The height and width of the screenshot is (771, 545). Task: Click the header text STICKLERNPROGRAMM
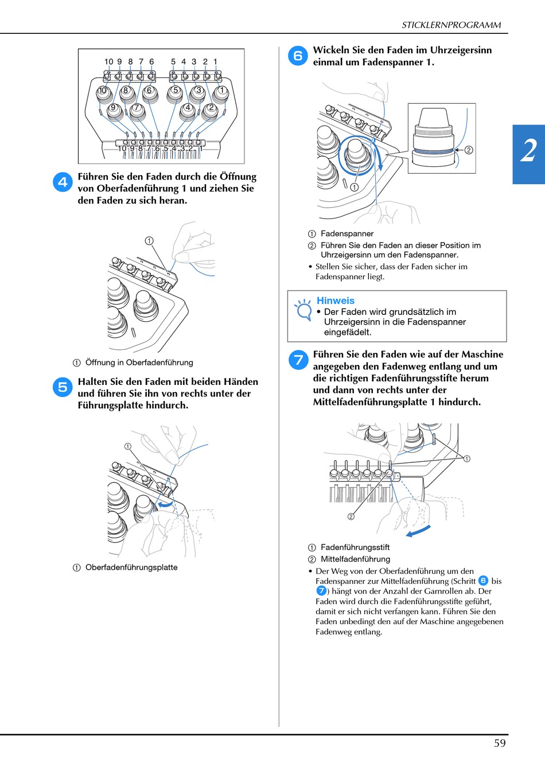pos(451,25)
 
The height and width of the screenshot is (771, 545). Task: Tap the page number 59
pos(500,743)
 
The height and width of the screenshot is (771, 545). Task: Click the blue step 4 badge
pos(63,182)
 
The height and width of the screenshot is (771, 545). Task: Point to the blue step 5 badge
pos(63,387)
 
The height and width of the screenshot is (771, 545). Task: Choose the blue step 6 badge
pos(298,56)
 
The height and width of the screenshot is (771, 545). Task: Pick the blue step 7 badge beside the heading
pos(298,360)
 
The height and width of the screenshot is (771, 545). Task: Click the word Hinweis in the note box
pos(336,301)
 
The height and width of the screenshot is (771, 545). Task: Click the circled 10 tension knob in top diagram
pos(103,91)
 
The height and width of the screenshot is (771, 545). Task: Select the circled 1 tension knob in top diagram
pos(221,90)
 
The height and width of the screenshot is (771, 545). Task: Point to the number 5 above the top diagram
pos(173,61)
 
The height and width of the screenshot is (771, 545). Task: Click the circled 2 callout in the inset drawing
pos(469,150)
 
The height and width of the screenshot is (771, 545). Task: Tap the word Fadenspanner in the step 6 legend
pos(347,233)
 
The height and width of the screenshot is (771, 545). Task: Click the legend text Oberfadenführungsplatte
pos(131,567)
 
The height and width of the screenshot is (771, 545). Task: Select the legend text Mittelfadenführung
pos(355,559)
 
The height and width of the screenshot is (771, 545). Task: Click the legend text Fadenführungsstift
pos(355,547)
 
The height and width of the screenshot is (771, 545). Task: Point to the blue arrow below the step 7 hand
pos(418,531)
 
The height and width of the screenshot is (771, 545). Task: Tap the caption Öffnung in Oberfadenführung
pos(139,363)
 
